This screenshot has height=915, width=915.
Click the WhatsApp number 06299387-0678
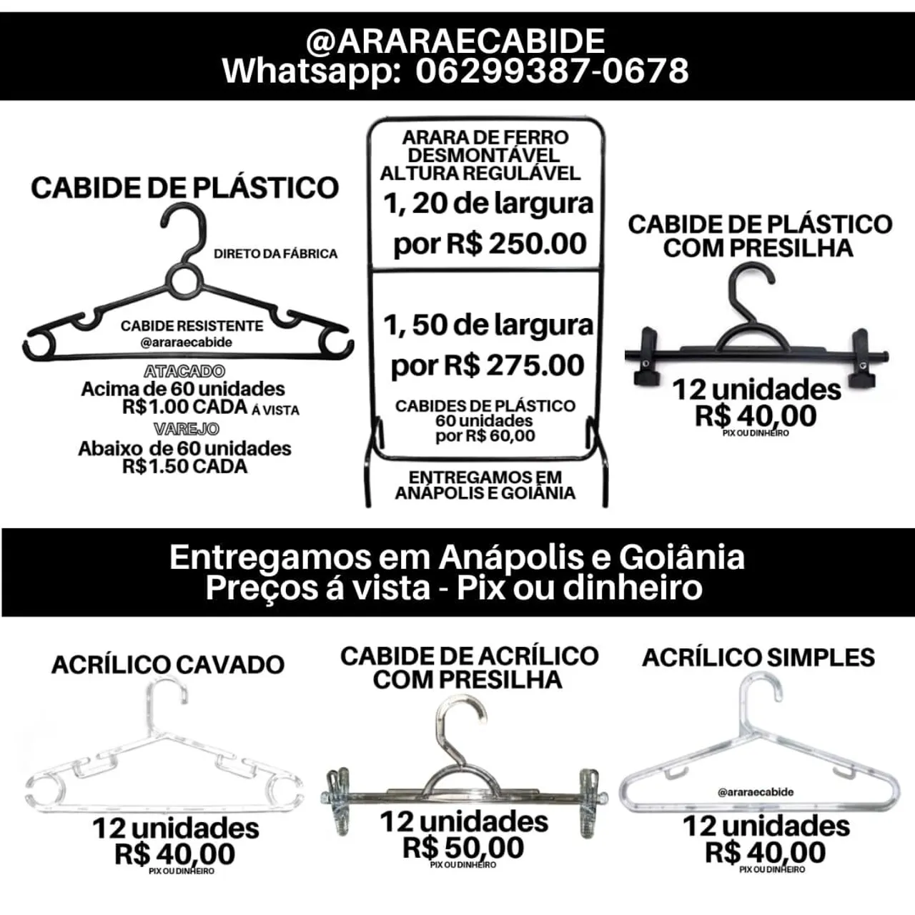[552, 71]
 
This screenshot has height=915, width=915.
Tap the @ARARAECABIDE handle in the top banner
[455, 41]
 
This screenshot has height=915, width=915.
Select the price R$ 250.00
[515, 244]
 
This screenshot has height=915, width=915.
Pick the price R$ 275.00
[513, 365]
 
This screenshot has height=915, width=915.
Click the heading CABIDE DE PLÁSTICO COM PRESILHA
[759, 237]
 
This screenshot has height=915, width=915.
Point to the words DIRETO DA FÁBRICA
[275, 254]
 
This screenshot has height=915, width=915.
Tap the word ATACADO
[184, 371]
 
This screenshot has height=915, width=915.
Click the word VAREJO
[186, 429]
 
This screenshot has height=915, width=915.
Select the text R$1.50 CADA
[184, 466]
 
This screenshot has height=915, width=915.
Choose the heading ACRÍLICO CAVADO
[168, 664]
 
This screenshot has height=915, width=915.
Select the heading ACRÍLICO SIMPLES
[758, 658]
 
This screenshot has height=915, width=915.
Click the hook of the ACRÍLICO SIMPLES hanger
[760, 694]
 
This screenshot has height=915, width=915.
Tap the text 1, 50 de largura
[488, 326]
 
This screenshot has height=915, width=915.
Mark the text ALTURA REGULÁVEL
[480, 173]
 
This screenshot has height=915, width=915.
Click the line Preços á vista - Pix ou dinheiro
[454, 588]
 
